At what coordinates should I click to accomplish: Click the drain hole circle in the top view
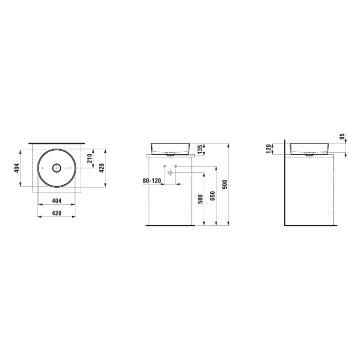click(57, 168)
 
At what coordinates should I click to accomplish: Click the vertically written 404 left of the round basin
click(16, 168)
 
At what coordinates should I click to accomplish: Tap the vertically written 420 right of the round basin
click(102, 168)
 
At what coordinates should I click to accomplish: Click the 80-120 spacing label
click(152, 181)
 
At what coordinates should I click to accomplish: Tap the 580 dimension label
click(201, 199)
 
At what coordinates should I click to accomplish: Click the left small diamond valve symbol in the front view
click(165, 167)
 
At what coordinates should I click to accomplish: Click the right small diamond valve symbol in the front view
click(175, 167)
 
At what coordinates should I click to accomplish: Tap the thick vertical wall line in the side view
click(284, 185)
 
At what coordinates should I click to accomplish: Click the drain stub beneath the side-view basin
click(309, 154)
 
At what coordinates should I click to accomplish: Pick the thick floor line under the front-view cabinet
click(170, 226)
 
